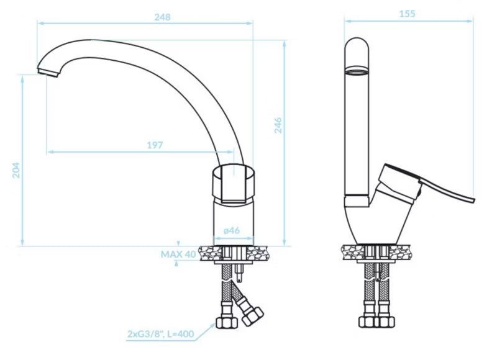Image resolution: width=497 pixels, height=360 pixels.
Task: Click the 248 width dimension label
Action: [x=162, y=17]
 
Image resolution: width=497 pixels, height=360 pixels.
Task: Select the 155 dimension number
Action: [x=407, y=14]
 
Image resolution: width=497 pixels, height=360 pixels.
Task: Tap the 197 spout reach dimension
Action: [x=155, y=145]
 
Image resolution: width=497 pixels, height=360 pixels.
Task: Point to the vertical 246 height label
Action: [x=278, y=125]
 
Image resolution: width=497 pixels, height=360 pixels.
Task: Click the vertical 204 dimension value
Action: [x=16, y=170]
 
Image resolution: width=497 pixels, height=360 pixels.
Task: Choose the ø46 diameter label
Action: [x=231, y=230]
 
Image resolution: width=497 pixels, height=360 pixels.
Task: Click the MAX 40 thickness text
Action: [x=178, y=254]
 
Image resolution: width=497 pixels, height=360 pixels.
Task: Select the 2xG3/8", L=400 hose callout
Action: [x=161, y=334]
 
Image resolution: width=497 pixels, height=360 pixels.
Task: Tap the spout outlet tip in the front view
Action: [x=48, y=72]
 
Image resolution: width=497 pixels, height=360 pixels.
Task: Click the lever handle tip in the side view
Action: [x=473, y=200]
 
